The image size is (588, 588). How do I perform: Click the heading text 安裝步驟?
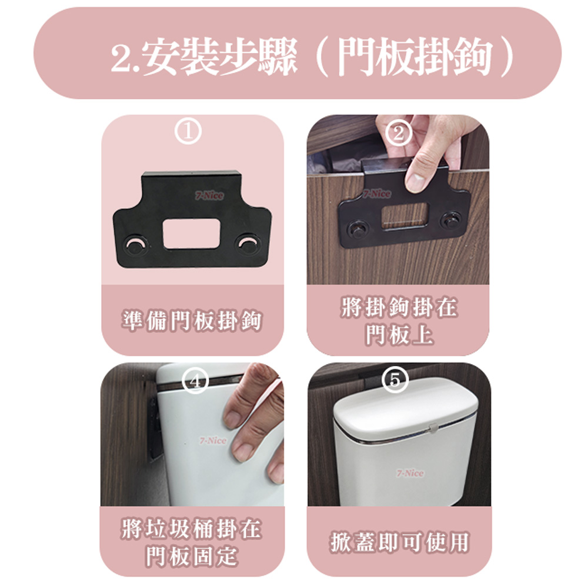(220, 56)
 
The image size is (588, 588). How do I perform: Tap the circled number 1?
(188, 132)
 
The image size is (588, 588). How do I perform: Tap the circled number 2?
(398, 133)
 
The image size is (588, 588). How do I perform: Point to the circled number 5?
(395, 380)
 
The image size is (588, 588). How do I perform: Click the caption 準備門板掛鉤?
(192, 321)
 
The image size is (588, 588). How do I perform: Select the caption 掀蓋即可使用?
(400, 542)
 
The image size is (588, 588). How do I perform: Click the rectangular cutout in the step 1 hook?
(191, 233)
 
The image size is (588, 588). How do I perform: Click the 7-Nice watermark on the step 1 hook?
(209, 195)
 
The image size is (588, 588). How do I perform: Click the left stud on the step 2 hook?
(358, 229)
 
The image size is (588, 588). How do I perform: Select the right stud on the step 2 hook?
(451, 220)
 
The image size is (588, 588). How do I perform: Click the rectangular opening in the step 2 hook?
(405, 215)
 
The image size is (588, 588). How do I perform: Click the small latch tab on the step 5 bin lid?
(433, 427)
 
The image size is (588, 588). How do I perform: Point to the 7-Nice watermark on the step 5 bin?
(410, 473)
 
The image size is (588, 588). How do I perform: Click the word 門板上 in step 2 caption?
(400, 335)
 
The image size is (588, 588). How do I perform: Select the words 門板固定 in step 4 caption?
(192, 556)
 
